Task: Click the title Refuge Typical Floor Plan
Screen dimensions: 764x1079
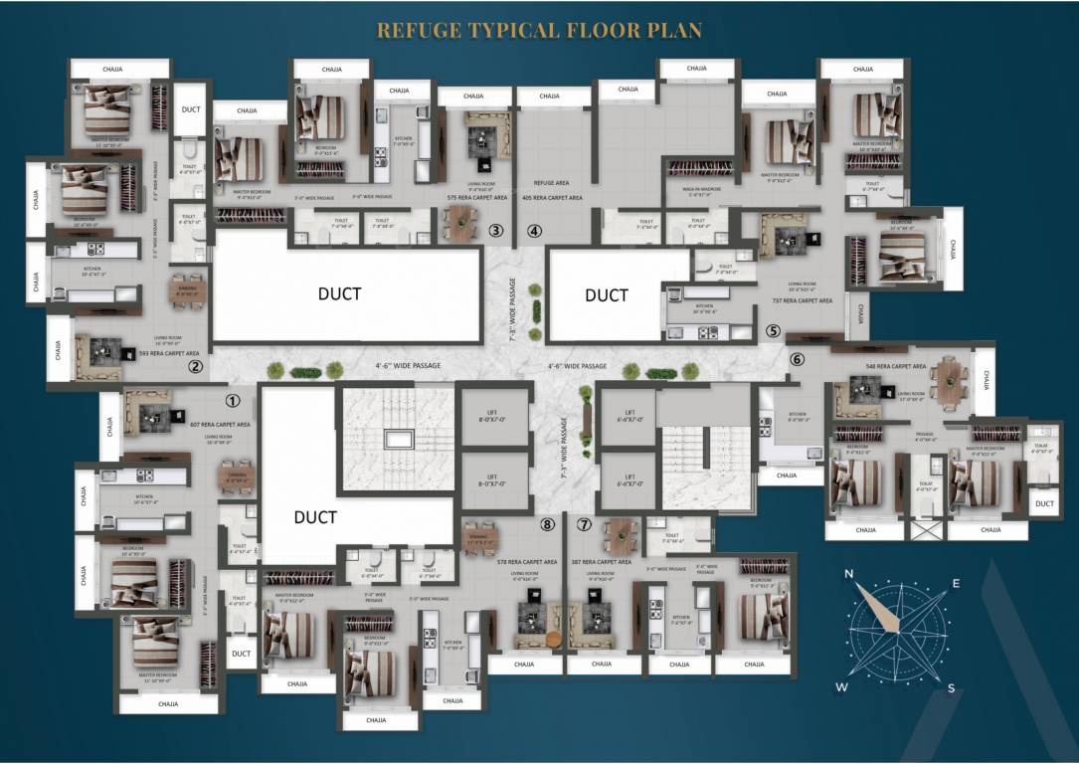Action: point(539,31)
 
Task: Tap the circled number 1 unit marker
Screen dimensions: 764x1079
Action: point(233,402)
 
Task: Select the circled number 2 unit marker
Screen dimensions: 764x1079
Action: point(196,367)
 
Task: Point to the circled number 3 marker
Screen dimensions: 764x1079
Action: point(495,232)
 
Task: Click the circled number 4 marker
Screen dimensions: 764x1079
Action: point(535,232)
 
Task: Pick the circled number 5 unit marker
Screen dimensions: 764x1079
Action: point(774,332)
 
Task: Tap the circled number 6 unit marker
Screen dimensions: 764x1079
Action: point(796,360)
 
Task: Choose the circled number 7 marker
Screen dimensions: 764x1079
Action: point(584,524)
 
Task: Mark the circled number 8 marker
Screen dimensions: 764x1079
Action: point(546,524)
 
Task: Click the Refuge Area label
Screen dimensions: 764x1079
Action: point(550,182)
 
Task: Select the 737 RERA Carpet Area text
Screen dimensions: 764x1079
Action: point(807,299)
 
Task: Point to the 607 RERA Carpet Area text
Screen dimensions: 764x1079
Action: point(220,425)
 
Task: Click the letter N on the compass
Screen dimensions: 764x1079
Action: point(849,574)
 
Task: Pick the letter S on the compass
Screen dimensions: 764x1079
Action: point(951,688)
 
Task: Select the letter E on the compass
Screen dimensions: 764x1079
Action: point(956,584)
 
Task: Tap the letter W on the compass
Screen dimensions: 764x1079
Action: point(841,687)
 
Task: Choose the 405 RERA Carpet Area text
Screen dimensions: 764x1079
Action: point(552,198)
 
